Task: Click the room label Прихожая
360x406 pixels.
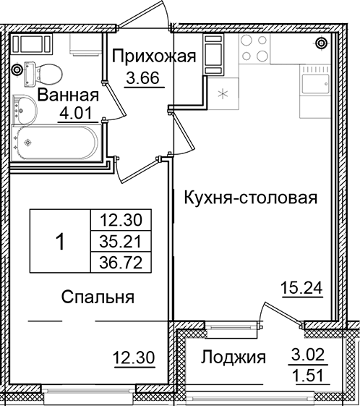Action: pos(153,56)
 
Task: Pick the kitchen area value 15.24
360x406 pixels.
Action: pos(301,288)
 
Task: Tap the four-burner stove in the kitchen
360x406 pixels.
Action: pos(254,48)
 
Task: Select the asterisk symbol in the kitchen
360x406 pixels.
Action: pos(223,93)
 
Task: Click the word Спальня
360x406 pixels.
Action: pos(98,297)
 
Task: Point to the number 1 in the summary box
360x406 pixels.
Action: pos(60,242)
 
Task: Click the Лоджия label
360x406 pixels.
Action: pos(233,357)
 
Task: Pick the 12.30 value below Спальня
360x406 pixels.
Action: pos(134,356)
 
